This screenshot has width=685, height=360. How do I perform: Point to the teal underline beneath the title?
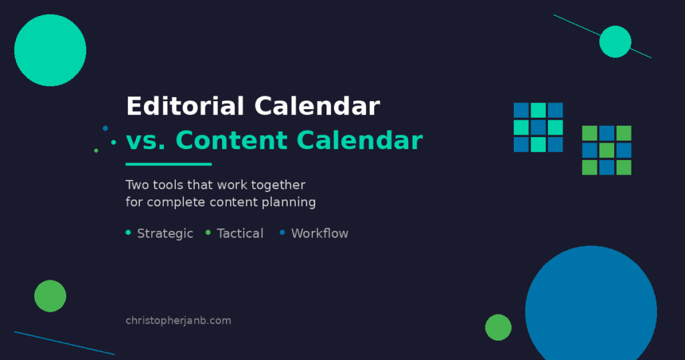(169, 164)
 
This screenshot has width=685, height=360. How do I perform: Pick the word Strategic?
(165, 234)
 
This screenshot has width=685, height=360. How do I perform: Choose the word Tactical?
(240, 234)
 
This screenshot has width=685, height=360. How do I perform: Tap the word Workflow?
(320, 234)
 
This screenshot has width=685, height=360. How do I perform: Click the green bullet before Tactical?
(208, 233)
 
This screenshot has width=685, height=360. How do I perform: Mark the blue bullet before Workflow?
(282, 233)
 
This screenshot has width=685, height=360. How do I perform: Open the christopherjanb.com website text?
(178, 321)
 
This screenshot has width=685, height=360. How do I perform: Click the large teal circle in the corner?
(50, 50)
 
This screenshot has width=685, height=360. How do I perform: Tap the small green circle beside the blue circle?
(498, 327)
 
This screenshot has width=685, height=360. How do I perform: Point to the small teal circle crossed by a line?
(615, 41)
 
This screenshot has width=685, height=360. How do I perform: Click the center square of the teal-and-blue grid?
(539, 127)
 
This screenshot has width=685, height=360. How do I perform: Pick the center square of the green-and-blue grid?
(607, 150)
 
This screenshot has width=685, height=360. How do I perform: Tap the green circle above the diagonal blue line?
(50, 296)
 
